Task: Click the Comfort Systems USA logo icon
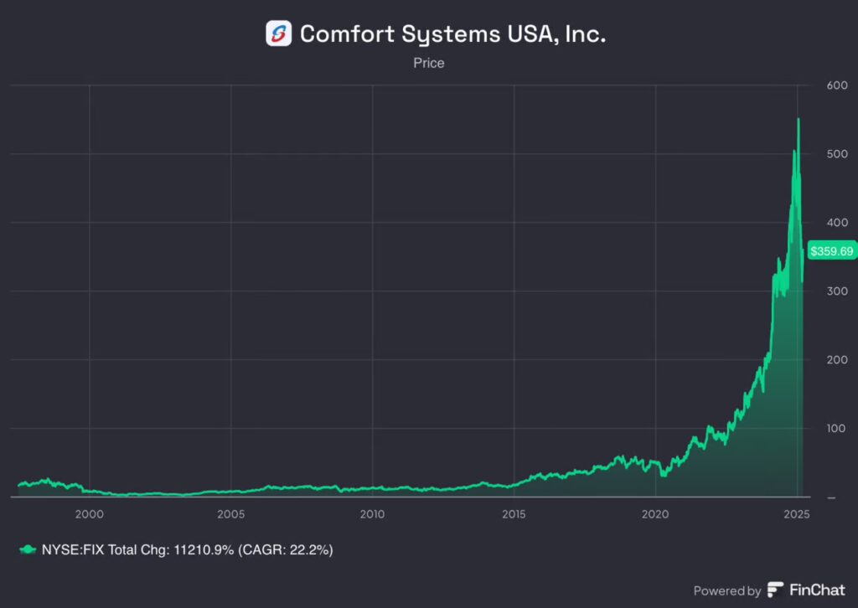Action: click(x=278, y=33)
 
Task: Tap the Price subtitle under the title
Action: click(x=428, y=63)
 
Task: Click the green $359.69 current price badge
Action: click(x=831, y=250)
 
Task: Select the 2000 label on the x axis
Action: click(x=89, y=513)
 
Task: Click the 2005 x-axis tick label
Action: click(x=230, y=513)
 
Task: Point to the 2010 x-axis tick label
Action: click(x=372, y=513)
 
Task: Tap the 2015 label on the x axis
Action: click(x=514, y=513)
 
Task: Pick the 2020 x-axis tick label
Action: click(x=655, y=513)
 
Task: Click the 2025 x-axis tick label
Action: click(x=797, y=513)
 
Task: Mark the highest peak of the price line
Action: click(x=798, y=120)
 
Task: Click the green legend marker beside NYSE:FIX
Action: click(x=28, y=549)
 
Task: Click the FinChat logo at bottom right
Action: click(x=805, y=590)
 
